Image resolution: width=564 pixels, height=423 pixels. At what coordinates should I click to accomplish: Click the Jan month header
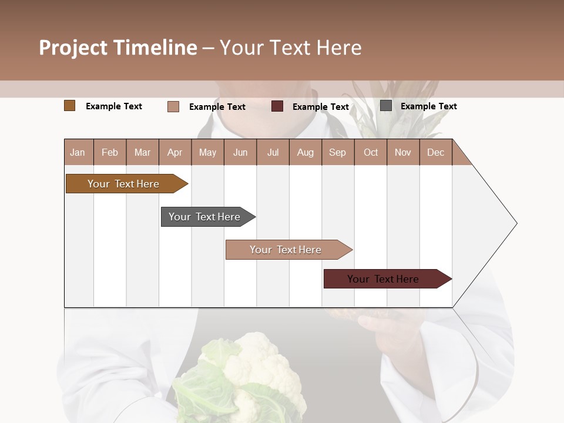pos(78,152)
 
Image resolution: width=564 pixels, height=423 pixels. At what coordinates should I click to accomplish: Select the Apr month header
pos(174,152)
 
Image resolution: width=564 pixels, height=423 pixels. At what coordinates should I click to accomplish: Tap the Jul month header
pos(273,152)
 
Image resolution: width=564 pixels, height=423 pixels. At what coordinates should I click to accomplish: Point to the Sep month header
pos(337,152)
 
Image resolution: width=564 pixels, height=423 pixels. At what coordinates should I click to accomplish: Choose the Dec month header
pos(435,152)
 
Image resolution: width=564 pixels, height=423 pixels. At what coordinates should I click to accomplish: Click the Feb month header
pos(110,152)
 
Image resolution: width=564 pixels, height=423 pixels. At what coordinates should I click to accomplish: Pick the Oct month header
pos(371,152)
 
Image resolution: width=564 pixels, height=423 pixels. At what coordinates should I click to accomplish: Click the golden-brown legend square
pos(69,106)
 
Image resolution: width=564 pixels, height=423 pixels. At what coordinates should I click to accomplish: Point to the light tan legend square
pos(173,106)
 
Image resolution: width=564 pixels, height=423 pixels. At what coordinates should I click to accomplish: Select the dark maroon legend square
pos(277,106)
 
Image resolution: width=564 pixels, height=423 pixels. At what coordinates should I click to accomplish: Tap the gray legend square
pos(386,106)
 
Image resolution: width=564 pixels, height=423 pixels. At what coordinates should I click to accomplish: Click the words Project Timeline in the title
pos(118,48)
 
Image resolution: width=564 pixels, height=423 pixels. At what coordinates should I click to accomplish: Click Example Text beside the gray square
pos(428,106)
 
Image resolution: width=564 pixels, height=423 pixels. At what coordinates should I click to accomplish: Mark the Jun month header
pos(240,152)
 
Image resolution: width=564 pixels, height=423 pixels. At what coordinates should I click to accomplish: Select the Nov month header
pos(403,152)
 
